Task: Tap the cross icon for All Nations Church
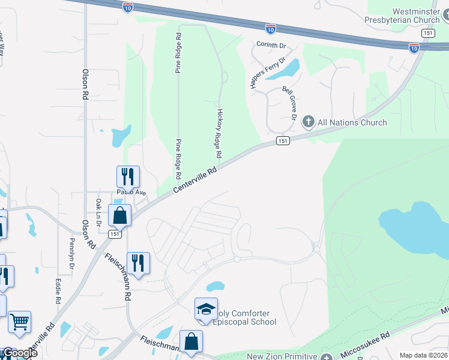coord(308,122)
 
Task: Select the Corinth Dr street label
coord(272,45)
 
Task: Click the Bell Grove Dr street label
coord(289,103)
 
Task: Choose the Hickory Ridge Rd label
coord(219,133)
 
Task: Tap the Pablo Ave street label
coord(131,193)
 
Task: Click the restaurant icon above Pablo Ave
coord(128,177)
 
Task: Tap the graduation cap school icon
coord(206,309)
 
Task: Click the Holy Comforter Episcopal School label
coord(244,317)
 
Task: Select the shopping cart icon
coord(19,322)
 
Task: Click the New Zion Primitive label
coord(282,356)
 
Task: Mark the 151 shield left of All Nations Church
coord(283,140)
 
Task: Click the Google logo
coord(19,353)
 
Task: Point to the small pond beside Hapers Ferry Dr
coord(291,69)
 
